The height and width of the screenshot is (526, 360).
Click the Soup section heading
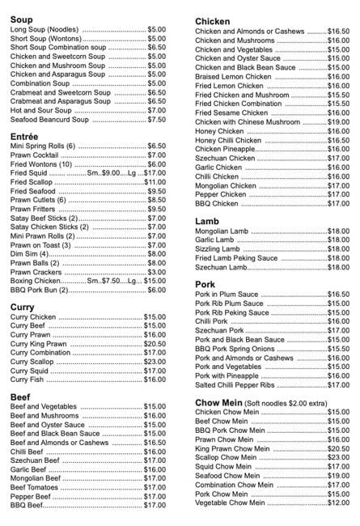click(23, 18)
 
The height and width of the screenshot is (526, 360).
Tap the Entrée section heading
click(24, 136)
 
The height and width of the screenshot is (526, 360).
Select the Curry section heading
click(23, 307)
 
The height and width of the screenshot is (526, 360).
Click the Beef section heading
click(21, 397)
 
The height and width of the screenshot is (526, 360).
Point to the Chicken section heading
click(214, 21)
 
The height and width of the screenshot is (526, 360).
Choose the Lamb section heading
click(207, 220)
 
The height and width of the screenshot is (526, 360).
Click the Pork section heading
click(205, 284)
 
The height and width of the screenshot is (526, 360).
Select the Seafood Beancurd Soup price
click(156, 120)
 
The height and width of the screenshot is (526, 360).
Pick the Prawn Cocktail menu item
click(34, 155)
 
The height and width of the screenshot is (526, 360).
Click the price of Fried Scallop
click(155, 182)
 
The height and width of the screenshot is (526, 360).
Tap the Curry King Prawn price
click(155, 344)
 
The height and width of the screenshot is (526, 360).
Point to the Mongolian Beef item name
click(36, 478)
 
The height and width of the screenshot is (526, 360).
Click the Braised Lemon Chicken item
click(233, 77)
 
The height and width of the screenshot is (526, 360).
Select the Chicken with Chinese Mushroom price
click(338, 122)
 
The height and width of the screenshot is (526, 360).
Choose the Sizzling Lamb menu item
click(218, 249)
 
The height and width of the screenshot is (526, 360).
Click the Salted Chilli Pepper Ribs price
click(338, 385)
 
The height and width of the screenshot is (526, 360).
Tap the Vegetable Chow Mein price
click(338, 503)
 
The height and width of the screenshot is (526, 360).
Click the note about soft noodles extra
click(286, 402)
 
